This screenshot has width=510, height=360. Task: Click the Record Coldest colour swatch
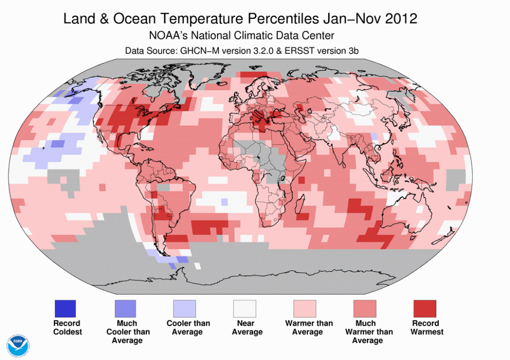click(x=65, y=308)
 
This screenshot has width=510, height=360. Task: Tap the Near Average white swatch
click(x=245, y=308)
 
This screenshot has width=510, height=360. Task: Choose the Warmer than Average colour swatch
click(x=305, y=308)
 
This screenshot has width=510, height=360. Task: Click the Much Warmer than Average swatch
click(x=365, y=308)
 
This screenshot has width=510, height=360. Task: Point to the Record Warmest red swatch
click(x=425, y=308)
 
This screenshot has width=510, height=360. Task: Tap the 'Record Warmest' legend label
click(x=427, y=328)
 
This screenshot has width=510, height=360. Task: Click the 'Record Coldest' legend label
click(x=67, y=328)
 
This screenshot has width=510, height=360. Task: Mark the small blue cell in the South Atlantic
click(x=225, y=202)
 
